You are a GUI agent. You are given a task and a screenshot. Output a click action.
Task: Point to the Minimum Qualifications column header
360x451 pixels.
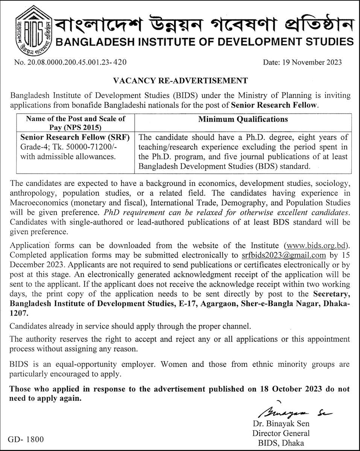(243, 120)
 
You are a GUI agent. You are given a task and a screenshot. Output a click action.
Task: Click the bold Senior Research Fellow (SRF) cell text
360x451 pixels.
(75, 138)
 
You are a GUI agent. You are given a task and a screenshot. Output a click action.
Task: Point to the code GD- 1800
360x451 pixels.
(27, 439)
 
